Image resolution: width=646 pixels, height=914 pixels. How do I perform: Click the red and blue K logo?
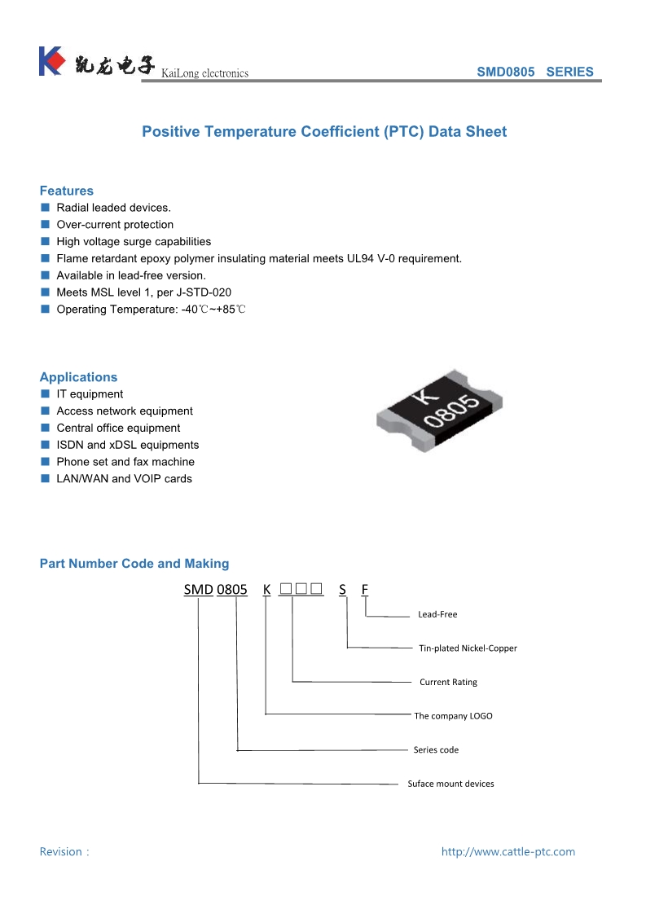51,61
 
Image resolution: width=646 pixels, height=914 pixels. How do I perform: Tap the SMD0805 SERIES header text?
534,72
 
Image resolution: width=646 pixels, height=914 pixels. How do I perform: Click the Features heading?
67,191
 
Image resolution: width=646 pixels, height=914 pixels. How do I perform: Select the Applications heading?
78,377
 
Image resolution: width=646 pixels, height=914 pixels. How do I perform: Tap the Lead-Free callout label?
437,614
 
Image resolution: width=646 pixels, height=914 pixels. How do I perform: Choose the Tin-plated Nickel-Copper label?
468,648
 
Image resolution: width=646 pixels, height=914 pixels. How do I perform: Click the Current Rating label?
448,682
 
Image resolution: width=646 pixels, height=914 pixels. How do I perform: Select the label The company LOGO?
453,716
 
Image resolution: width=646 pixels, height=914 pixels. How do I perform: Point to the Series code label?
436,749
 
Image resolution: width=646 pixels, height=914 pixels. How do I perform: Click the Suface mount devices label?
450,784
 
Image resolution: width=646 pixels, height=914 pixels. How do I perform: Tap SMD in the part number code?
198,589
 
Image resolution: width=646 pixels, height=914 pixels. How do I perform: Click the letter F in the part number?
365,589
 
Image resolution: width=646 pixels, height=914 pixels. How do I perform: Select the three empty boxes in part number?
301,589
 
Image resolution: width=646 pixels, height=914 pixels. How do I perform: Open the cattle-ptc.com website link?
508,851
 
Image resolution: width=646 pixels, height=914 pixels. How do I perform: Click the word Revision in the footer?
61,851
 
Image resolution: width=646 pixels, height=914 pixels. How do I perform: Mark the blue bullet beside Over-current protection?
46,224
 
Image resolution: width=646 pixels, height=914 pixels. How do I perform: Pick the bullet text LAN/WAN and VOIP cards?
124,478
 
